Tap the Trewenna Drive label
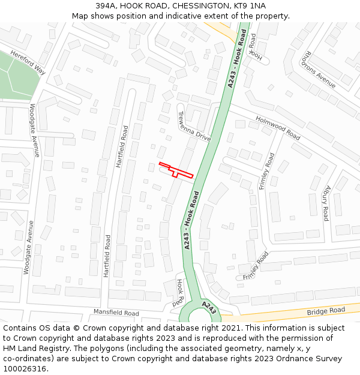(194, 127)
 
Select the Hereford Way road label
(27, 61)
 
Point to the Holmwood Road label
(278, 128)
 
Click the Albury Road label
(326, 203)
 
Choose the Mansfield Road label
(116, 313)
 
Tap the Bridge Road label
(326, 311)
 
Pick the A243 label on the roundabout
(209, 308)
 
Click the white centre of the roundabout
(200, 316)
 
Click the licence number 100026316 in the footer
(25, 368)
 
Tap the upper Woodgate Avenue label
(34, 130)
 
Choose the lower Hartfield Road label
(107, 255)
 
